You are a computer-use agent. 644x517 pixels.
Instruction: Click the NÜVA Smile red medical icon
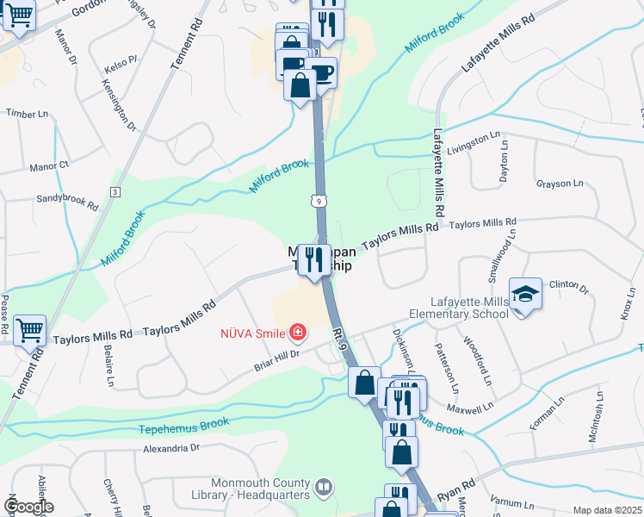[x=298, y=332]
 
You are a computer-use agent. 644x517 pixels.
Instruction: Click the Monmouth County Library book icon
[x=323, y=488]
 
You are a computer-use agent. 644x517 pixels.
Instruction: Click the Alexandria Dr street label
[x=170, y=448]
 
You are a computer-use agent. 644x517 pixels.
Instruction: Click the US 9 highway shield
[x=318, y=200]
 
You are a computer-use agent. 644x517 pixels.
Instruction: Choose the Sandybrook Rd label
[x=67, y=202]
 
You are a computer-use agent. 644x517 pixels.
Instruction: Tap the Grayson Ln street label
[x=560, y=184]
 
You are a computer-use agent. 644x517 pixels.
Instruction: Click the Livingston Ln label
[x=474, y=140]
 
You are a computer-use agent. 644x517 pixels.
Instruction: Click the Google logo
[x=28, y=507]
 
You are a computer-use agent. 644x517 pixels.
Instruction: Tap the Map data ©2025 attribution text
[x=607, y=510]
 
